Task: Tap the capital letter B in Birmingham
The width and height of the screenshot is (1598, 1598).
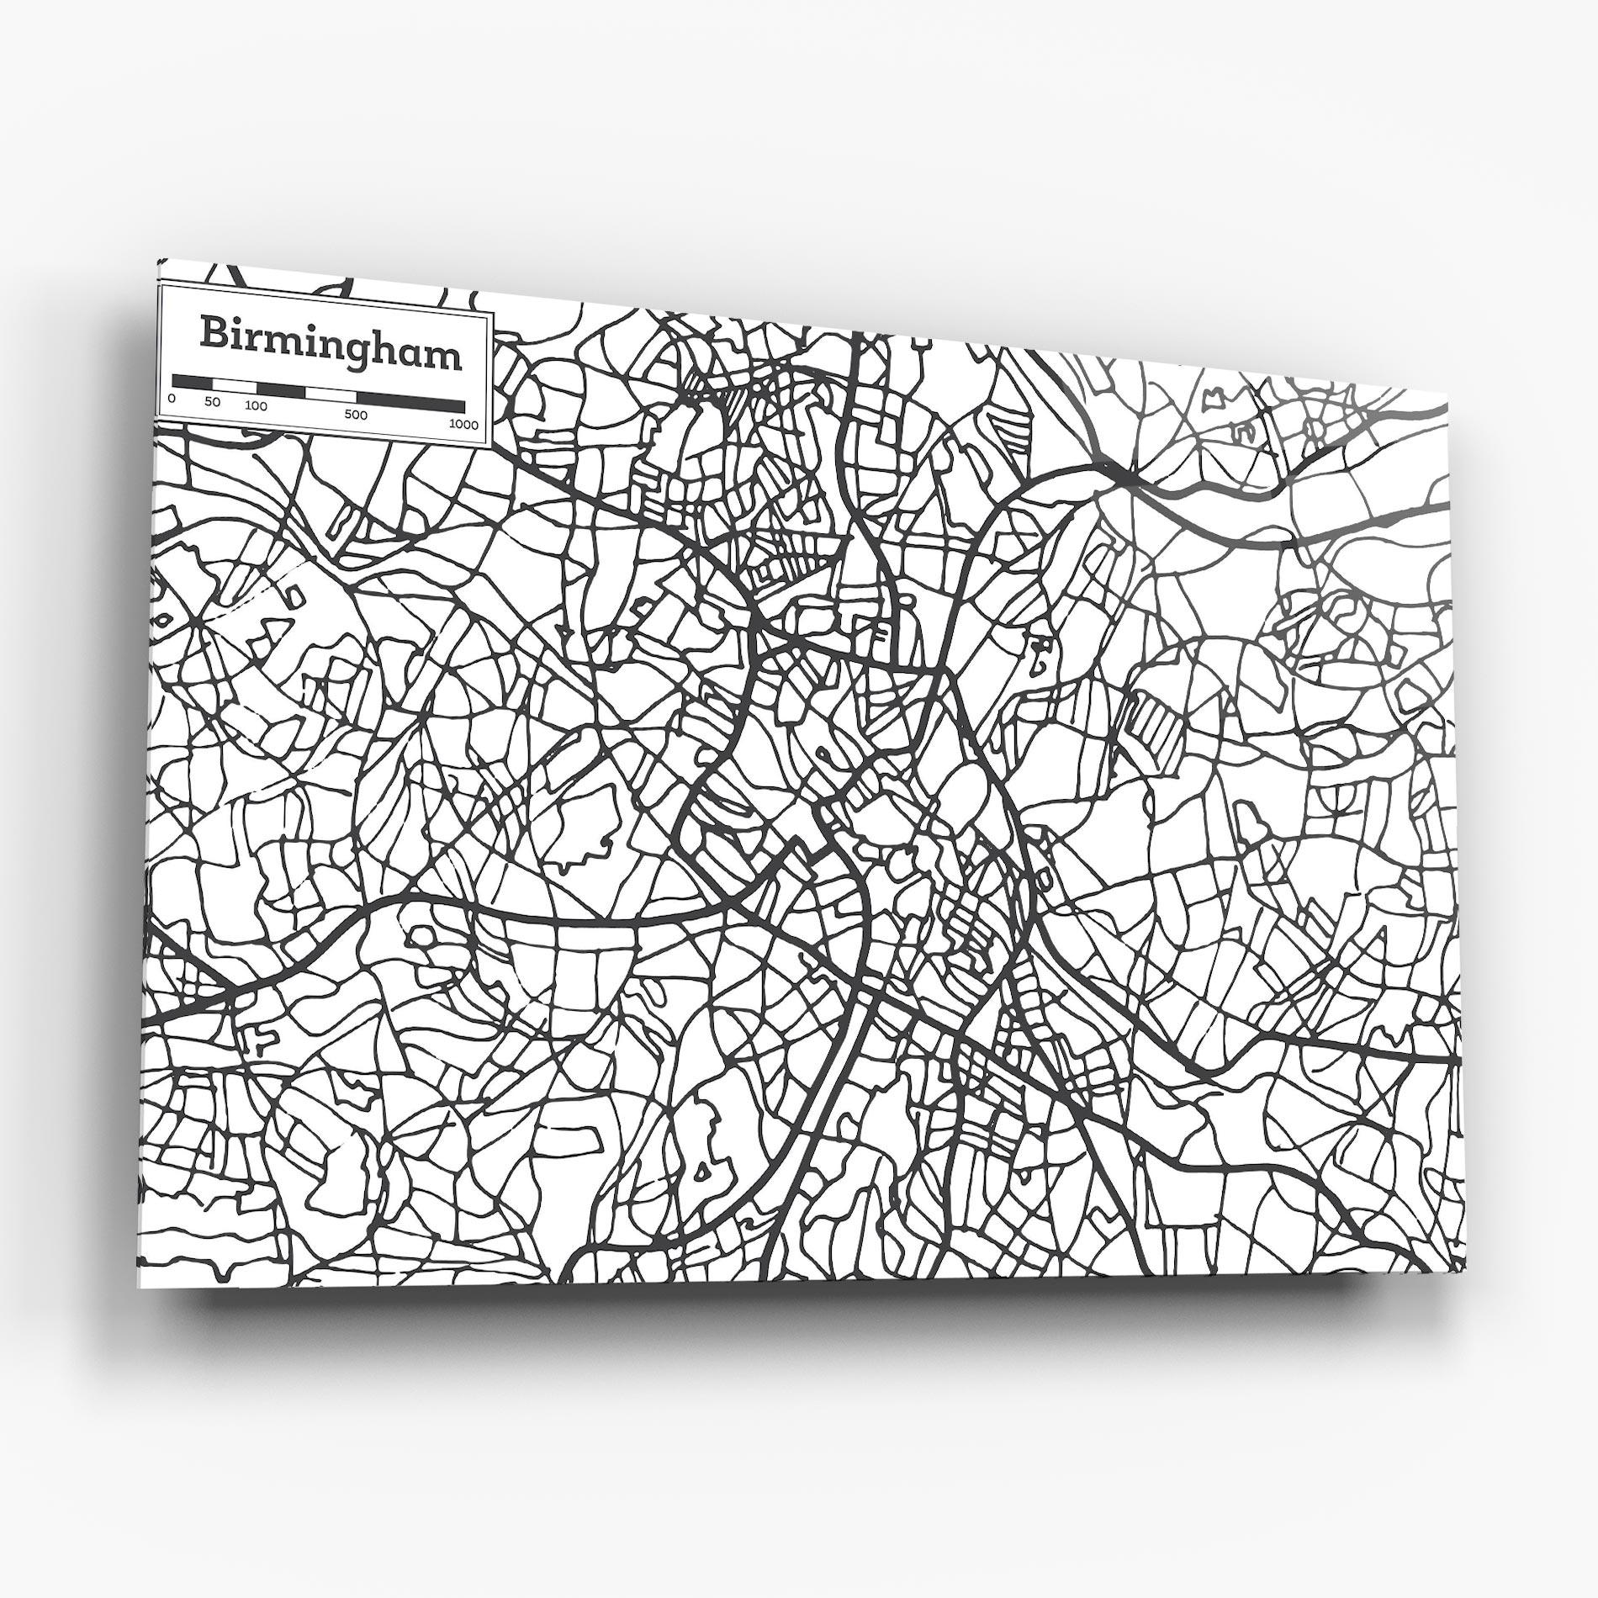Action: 214,332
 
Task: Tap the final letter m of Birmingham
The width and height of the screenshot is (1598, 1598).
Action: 447,357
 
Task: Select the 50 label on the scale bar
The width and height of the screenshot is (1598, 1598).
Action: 212,403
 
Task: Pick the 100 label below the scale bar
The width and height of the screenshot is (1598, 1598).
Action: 257,407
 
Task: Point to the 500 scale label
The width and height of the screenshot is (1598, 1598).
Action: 356,415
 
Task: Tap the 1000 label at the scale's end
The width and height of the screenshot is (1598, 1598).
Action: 463,425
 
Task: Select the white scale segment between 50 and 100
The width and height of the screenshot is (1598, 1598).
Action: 235,385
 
